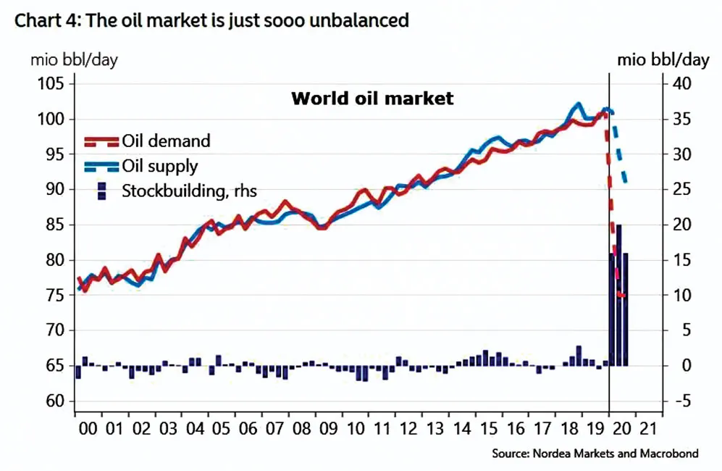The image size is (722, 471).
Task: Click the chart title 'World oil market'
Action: point(372,99)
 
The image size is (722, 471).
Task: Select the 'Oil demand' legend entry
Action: point(166,141)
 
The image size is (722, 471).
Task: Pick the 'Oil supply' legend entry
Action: point(159,166)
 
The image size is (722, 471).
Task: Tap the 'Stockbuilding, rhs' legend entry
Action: point(189,191)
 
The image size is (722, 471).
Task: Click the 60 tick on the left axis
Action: point(55,401)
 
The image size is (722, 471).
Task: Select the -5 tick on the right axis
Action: point(683,401)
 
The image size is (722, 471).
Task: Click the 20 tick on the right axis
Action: point(683,225)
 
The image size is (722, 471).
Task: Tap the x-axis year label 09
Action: point(328,428)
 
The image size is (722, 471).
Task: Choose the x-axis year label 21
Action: point(648,428)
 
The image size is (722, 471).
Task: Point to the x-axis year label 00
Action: point(87,428)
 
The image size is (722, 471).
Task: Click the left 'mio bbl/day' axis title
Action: point(73,59)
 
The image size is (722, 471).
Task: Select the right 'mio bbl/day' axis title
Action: point(663,59)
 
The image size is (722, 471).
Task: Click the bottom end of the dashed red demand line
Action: point(623,297)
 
